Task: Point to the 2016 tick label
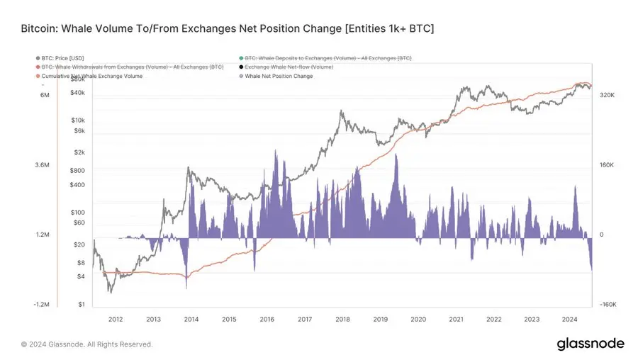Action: click(267, 320)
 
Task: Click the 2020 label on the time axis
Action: click(418, 320)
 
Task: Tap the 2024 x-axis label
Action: click(569, 320)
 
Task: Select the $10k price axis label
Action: click(78, 120)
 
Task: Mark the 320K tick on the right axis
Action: click(608, 94)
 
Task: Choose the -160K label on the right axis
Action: click(609, 305)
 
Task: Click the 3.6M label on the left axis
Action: click(42, 165)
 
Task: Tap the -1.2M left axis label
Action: click(41, 305)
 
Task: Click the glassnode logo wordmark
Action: click(590, 344)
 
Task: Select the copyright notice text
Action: click(86, 344)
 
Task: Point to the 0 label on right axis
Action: click(601, 235)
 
